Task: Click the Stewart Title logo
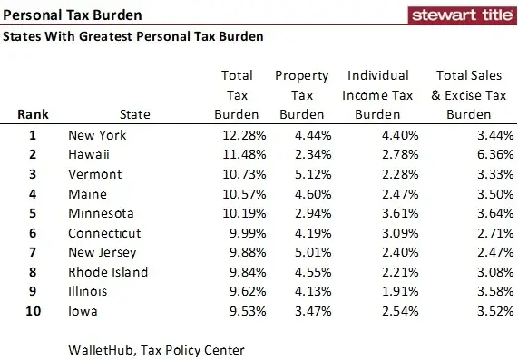tap(461, 15)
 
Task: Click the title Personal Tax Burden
tap(72, 15)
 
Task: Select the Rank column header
tap(32, 115)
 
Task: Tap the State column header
tap(135, 115)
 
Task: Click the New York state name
tap(97, 135)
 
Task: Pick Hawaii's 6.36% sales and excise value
tap(472, 155)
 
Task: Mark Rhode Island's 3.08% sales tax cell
tap(472, 272)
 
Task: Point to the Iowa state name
tap(83, 311)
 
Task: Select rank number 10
tap(33, 311)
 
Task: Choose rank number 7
tap(33, 252)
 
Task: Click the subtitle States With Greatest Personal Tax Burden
tap(133, 37)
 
